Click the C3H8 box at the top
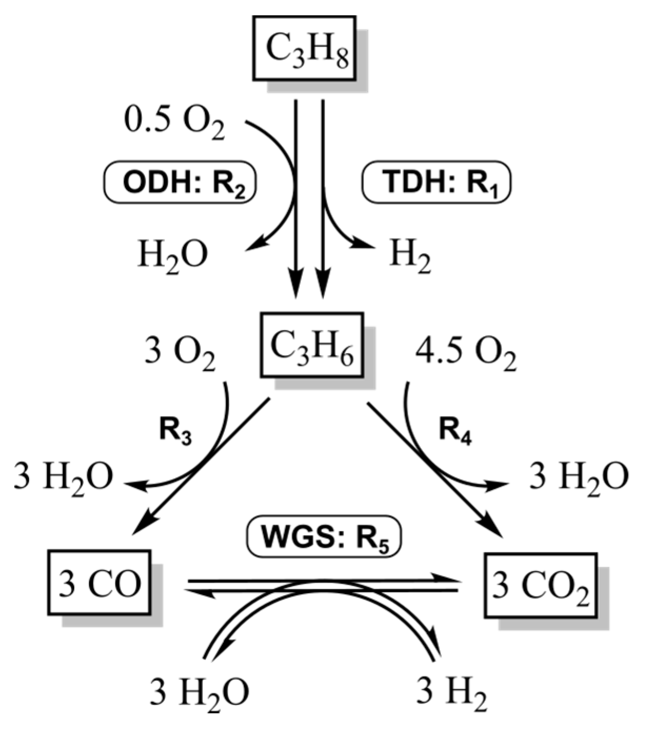[305, 48]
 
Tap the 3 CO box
[99, 583]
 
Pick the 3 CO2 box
[540, 585]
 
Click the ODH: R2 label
[178, 183]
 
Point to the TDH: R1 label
[437, 183]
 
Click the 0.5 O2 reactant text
[174, 123]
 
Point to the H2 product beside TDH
[410, 256]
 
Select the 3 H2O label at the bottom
[199, 693]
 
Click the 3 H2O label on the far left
[63, 478]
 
